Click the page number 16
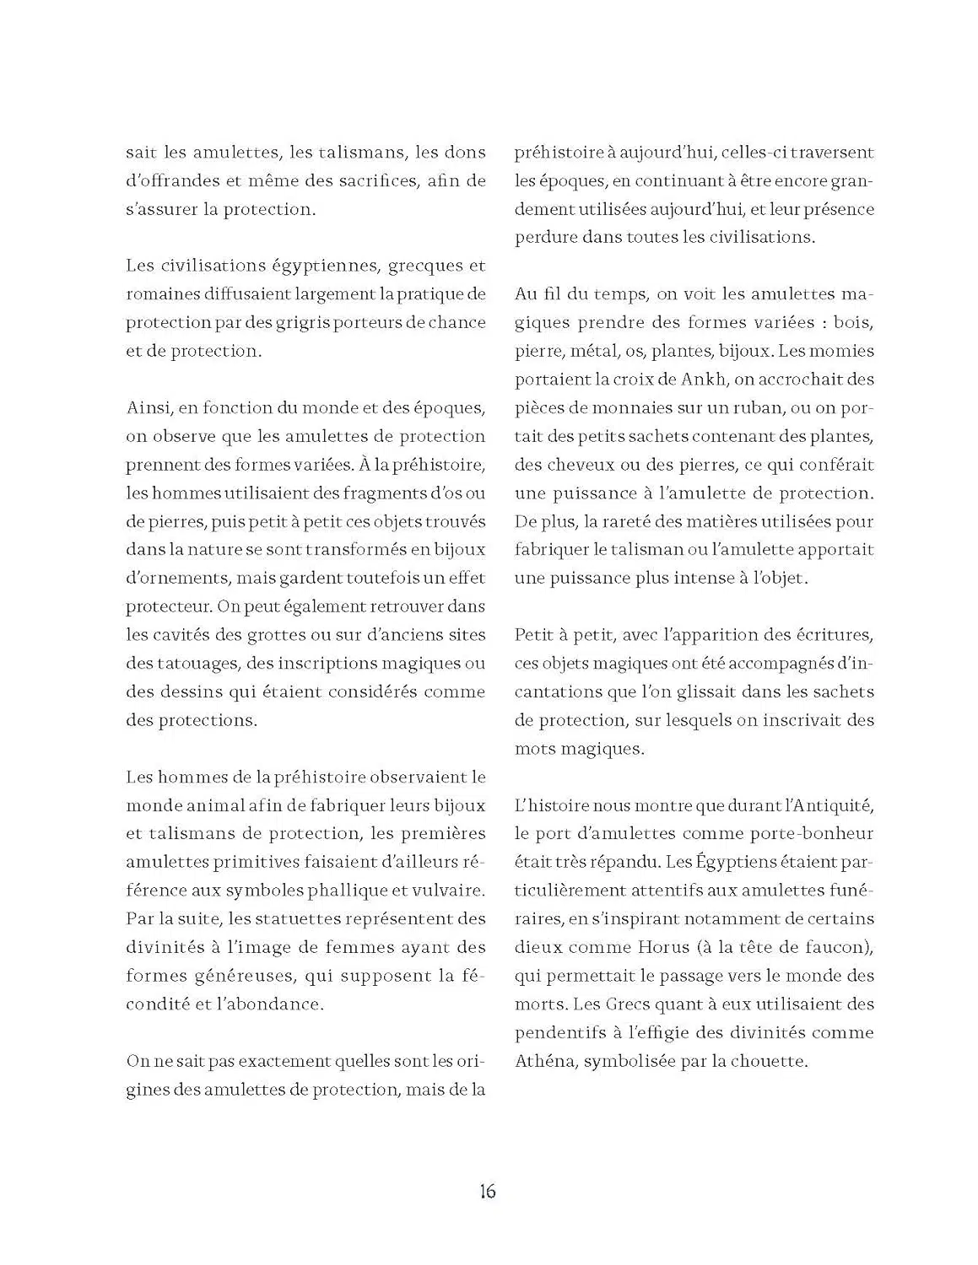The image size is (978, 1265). pos(488,1191)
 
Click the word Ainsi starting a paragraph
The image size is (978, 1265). pos(149,408)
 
